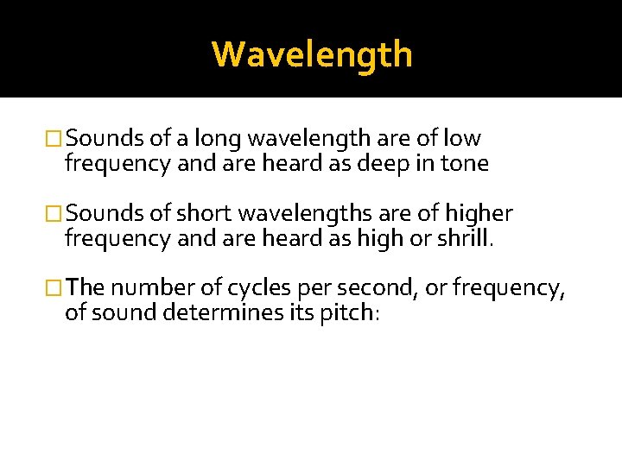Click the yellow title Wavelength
coord(312,54)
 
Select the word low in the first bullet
coord(463,139)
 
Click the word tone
coord(466,164)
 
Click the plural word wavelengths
coord(294,213)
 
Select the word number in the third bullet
coord(148,287)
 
